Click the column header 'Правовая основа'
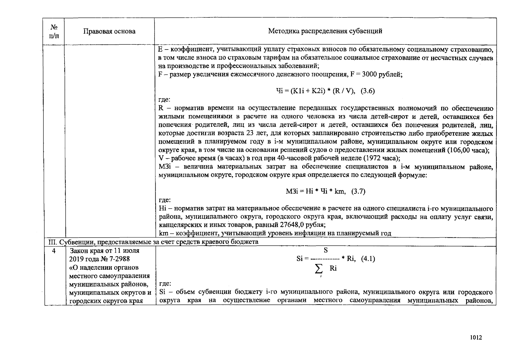coord(109,31)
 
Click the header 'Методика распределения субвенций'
coord(325,31)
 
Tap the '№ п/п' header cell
coord(54,31)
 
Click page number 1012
coord(476,337)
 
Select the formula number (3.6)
coord(368,91)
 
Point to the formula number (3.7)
coord(358,191)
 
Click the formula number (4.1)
coord(368,259)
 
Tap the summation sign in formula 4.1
coord(319,269)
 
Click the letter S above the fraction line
coord(326,250)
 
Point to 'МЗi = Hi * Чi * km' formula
coord(315,191)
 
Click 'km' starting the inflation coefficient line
coord(163,233)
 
